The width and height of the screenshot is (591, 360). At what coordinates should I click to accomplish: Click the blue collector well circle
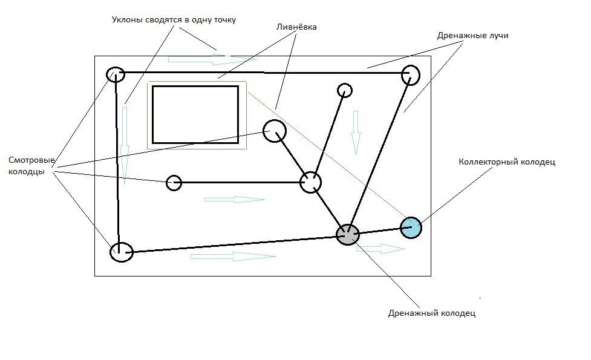(411, 227)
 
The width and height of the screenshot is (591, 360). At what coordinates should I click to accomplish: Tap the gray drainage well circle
(347, 234)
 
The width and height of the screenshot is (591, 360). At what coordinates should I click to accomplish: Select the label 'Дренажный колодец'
(431, 313)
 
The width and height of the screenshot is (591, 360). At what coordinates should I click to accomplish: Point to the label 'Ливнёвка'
(296, 27)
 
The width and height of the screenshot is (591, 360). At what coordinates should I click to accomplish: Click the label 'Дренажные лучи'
(472, 36)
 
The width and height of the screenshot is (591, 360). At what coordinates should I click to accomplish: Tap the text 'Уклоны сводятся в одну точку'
(174, 20)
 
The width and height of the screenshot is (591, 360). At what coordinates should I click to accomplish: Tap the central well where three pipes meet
(310, 182)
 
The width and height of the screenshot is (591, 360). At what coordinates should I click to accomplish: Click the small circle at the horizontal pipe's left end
(174, 182)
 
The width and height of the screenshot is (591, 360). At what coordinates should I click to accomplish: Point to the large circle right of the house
(274, 131)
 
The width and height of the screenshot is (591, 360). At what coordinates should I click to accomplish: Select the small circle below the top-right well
(344, 90)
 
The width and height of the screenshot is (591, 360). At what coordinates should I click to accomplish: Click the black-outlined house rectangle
(195, 114)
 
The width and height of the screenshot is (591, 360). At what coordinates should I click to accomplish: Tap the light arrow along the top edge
(212, 59)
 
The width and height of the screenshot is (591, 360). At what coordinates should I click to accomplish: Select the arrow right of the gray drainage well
(384, 249)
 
